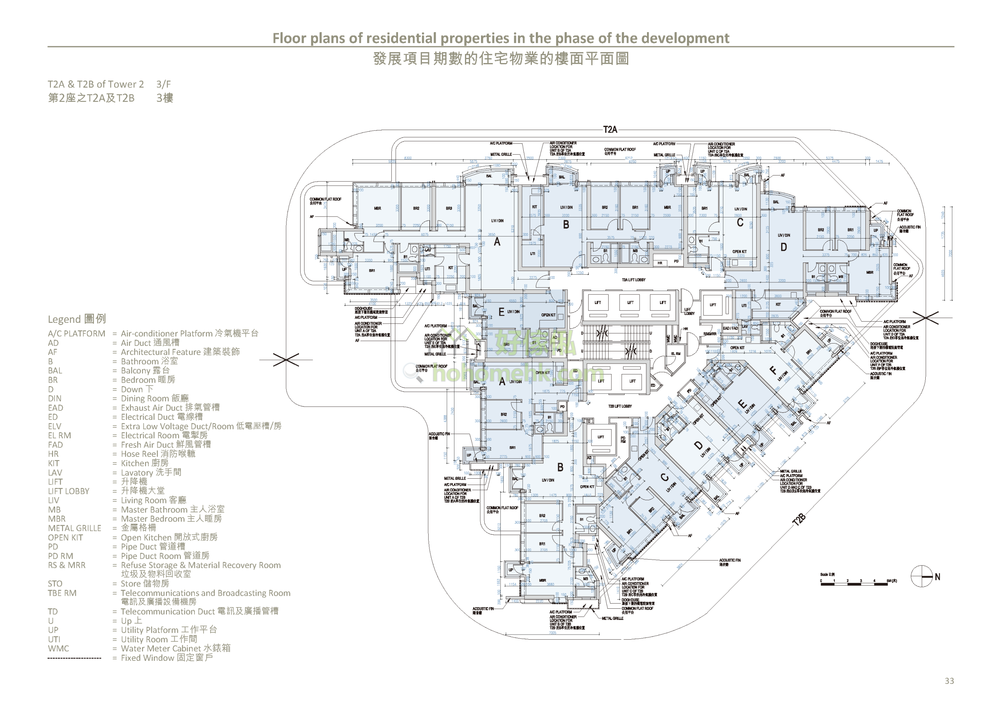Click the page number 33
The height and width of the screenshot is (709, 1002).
(949, 681)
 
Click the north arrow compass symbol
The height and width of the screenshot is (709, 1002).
(922, 576)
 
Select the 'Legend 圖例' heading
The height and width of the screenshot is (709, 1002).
(77, 319)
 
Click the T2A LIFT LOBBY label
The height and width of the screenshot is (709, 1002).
(633, 280)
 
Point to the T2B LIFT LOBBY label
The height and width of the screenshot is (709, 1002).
(620, 406)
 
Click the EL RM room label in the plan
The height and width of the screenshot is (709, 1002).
(676, 353)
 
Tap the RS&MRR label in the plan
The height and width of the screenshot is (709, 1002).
(710, 334)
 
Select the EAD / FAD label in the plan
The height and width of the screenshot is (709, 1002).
(730, 328)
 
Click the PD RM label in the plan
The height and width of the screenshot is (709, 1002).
(623, 440)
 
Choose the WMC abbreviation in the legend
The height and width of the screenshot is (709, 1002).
(58, 648)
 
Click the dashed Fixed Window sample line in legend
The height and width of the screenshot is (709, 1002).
(74, 658)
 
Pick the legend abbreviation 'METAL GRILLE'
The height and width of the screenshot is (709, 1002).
(74, 528)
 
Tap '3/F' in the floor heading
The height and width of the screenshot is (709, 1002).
(164, 84)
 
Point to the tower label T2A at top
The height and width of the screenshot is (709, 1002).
(610, 130)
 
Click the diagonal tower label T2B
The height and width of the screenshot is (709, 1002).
(798, 520)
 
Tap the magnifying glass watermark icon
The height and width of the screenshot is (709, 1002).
(413, 373)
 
